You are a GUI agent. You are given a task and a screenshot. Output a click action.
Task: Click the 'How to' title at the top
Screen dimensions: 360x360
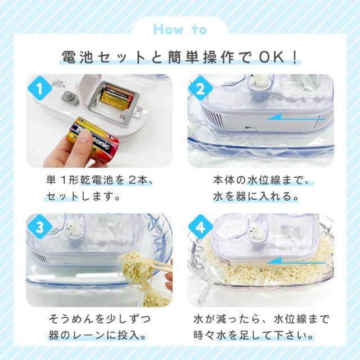point(180,30)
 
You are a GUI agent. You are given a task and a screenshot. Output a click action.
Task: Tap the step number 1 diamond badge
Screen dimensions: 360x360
point(40,89)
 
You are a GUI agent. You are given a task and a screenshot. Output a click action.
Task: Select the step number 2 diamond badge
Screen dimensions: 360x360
point(200,89)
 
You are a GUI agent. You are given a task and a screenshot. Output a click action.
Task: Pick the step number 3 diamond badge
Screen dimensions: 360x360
point(40,227)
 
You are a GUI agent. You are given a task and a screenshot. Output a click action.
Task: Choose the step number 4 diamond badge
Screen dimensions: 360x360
point(200,227)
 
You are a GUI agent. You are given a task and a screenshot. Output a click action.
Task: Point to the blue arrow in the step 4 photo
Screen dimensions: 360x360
point(296,261)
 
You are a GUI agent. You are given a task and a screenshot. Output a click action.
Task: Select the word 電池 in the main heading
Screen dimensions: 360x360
point(78,57)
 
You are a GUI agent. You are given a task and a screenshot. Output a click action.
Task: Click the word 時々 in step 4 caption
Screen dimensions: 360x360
point(204,336)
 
